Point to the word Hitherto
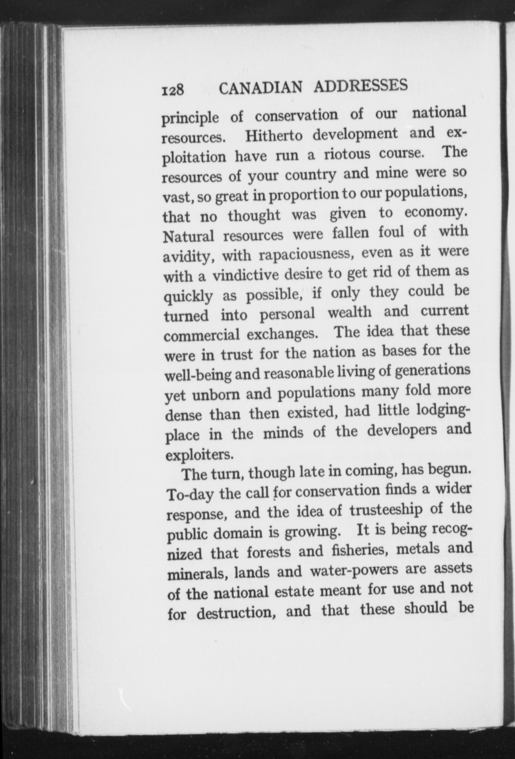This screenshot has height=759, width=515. click(x=274, y=135)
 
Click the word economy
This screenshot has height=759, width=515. click(x=436, y=213)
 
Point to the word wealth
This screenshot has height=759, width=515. click(x=350, y=312)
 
